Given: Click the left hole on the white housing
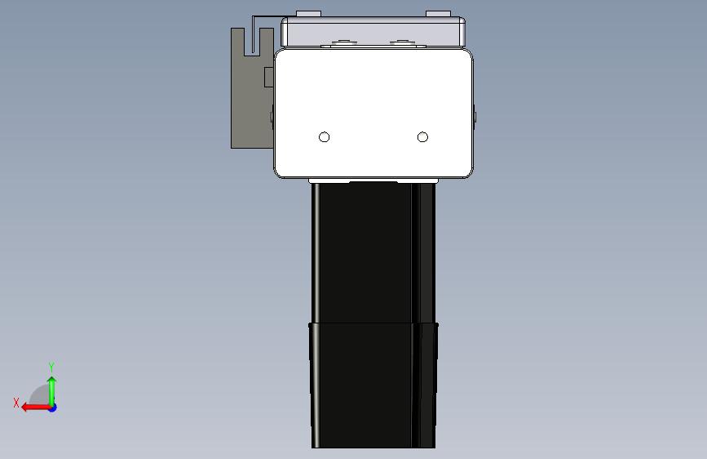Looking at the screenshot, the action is pos(324,137).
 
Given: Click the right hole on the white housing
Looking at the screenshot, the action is pos(422,137).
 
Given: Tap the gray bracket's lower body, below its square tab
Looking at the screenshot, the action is pos(252,118).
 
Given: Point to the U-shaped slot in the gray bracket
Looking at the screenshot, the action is pos(253,42).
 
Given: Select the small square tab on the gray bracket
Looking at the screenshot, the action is pos(269,77).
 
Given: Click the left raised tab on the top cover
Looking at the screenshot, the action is pos(308,14).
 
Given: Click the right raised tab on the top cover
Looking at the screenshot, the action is pos(438,14).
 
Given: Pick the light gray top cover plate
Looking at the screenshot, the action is pos(373,32).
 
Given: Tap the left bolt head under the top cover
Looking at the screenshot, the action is pos(344,43).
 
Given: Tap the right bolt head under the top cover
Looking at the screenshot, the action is pos(402,43).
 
